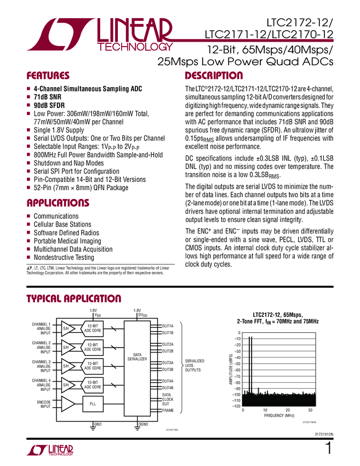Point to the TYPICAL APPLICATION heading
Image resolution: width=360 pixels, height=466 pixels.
pos(74,299)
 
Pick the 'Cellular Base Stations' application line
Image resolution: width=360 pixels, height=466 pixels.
pos(62,224)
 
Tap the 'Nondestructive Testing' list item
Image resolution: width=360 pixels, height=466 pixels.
pos(64,257)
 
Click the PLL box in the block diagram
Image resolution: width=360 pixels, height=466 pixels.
pos(92,404)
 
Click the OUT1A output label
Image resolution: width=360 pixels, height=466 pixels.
pos(168,326)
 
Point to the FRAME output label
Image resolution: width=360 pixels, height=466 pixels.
pos(168,410)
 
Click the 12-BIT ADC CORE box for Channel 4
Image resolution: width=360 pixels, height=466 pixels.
pos(92,384)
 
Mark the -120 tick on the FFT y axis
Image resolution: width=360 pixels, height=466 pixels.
pos(236,407)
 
